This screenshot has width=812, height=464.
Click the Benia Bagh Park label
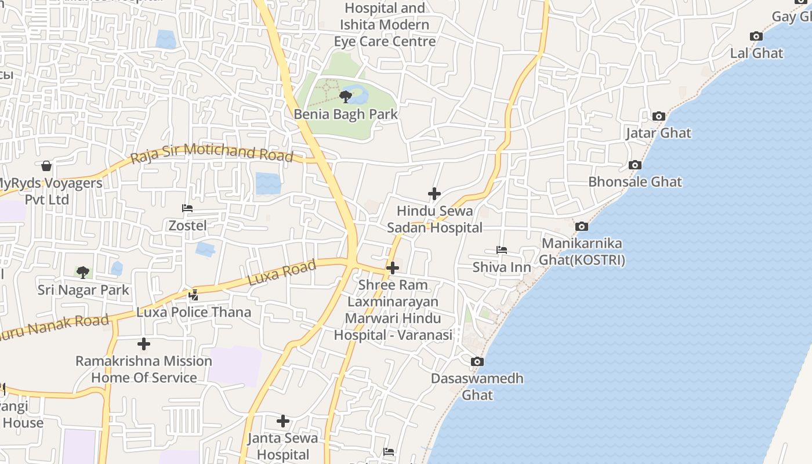pyautogui.click(x=346, y=114)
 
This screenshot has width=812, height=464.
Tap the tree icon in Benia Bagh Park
pyautogui.click(x=346, y=96)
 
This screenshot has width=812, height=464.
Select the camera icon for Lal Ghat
pyautogui.click(x=756, y=37)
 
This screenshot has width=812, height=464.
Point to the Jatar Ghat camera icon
pyautogui.click(x=658, y=117)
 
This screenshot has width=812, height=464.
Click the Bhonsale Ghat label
pyautogui.click(x=635, y=182)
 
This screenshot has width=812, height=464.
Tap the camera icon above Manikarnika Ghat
pyautogui.click(x=581, y=227)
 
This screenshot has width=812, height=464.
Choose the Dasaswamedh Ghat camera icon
pyautogui.click(x=477, y=362)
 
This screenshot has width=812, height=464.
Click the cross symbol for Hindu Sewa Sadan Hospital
pyautogui.click(x=434, y=194)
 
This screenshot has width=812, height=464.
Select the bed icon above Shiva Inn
pyautogui.click(x=502, y=250)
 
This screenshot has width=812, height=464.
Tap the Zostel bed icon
pyautogui.click(x=187, y=208)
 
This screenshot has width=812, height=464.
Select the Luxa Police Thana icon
pyautogui.click(x=193, y=295)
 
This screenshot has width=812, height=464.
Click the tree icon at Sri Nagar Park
pyautogui.click(x=83, y=272)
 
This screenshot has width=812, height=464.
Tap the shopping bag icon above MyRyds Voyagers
pyautogui.click(x=46, y=166)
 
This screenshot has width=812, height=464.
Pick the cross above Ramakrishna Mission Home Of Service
pyautogui.click(x=143, y=344)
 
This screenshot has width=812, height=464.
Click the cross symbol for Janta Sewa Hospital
pyautogui.click(x=282, y=420)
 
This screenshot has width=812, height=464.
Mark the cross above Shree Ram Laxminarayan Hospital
pyautogui.click(x=393, y=268)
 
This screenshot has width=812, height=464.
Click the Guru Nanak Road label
pyautogui.click(x=55, y=327)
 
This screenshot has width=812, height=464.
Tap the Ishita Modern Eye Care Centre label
pyautogui.click(x=385, y=33)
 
